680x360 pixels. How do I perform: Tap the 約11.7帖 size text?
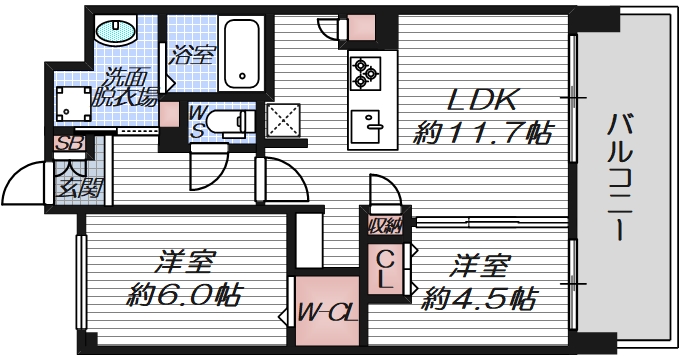pos(484,130)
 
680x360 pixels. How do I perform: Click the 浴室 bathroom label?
pos(191,54)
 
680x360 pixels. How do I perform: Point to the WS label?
pos(197,123)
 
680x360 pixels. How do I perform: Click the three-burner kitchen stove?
pos(362,70)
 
